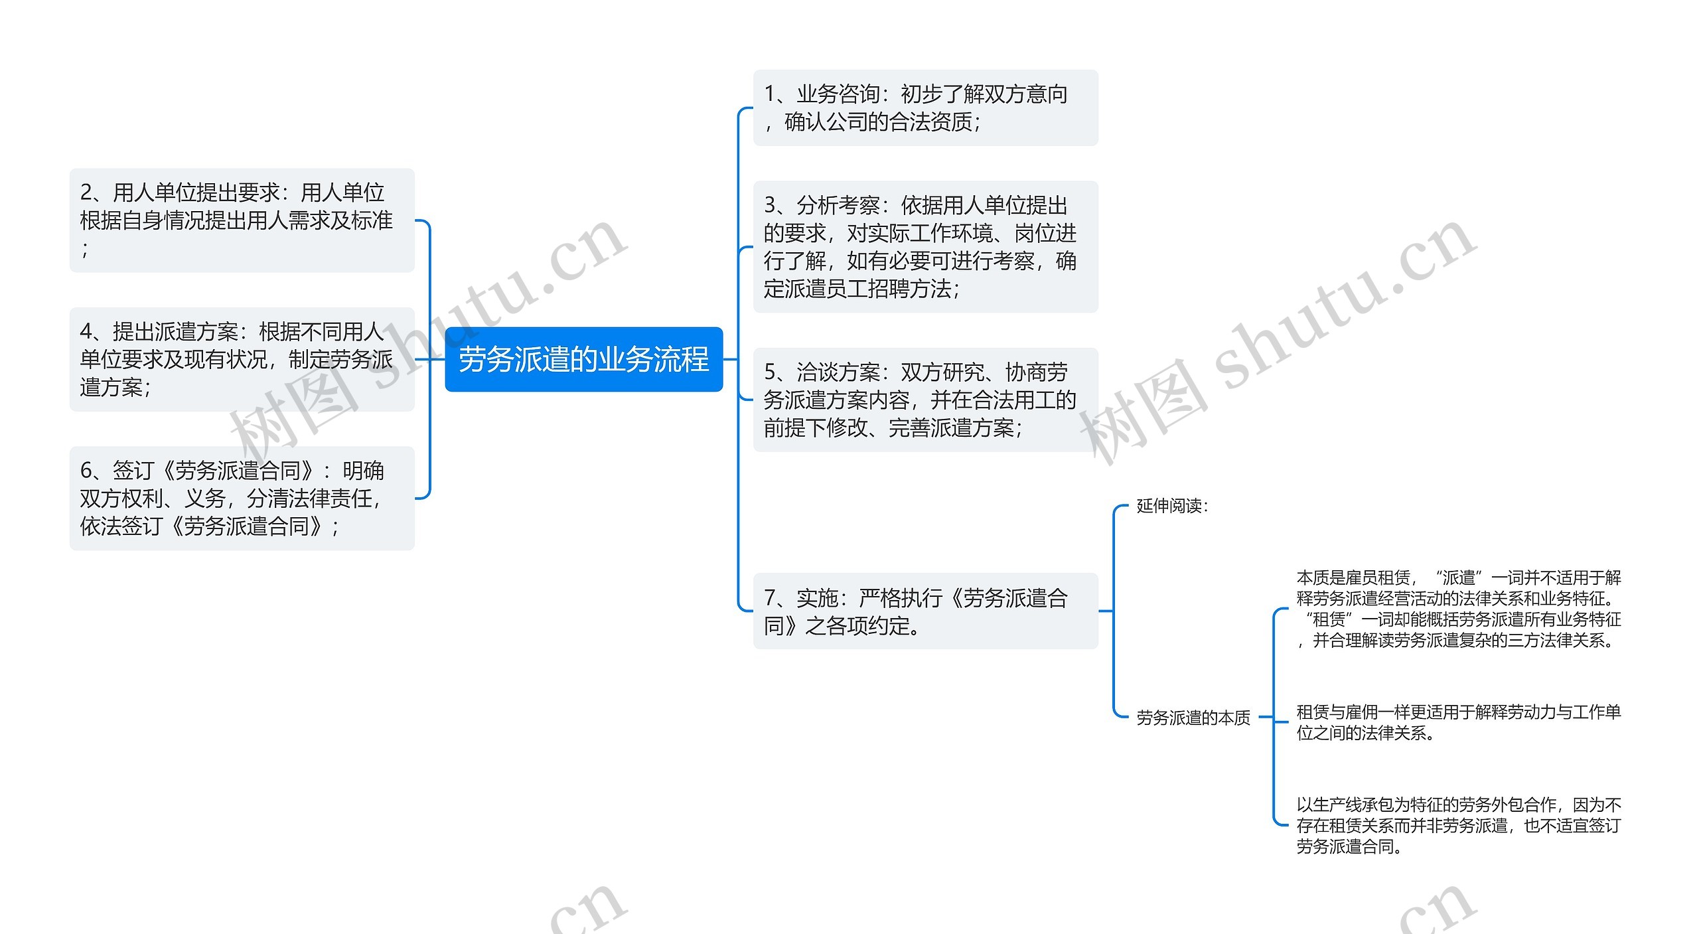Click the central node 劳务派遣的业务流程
pyautogui.click(x=583, y=359)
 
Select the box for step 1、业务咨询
pyautogui.click(x=924, y=108)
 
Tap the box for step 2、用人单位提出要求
pyautogui.click(x=242, y=220)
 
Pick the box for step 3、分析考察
pyautogui.click(x=924, y=246)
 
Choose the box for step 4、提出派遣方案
pyautogui.click(x=242, y=359)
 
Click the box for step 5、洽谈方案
pyautogui.click(x=924, y=400)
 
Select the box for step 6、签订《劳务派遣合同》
pyautogui.click(x=242, y=498)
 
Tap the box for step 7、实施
pyautogui.click(x=924, y=611)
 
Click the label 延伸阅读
pyautogui.click(x=1172, y=506)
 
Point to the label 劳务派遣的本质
pyautogui.click(x=1193, y=718)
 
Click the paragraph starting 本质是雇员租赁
pyautogui.click(x=1458, y=609)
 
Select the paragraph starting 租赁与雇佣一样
pyautogui.click(x=1458, y=722)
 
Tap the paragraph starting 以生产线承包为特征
pyautogui.click(x=1458, y=825)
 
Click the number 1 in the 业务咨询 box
pyautogui.click(x=770, y=94)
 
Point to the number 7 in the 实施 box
pyautogui.click(x=770, y=598)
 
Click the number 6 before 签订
pyautogui.click(x=86, y=471)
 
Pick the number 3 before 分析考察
pyautogui.click(x=770, y=205)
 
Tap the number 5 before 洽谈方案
pyautogui.click(x=770, y=372)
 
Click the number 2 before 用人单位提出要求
pyautogui.click(x=86, y=193)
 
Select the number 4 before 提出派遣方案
pyautogui.click(x=86, y=331)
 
